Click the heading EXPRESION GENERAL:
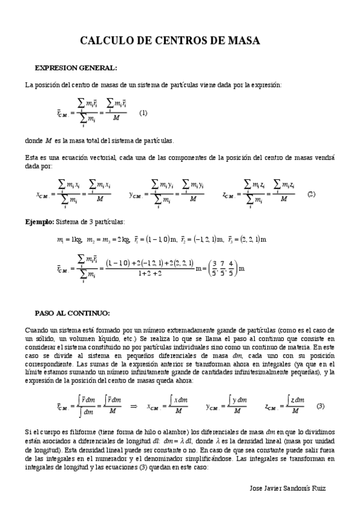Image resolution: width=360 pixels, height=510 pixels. (76, 67)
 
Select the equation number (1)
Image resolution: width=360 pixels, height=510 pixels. (143, 112)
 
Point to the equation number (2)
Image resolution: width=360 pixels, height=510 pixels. (311, 194)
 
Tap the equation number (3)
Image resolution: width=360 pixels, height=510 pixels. (320, 405)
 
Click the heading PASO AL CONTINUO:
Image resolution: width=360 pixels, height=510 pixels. (72, 314)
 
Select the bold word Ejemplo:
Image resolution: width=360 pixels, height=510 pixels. (39, 222)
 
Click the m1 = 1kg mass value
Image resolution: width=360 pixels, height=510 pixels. (69, 239)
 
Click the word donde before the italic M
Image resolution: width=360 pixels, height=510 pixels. (34, 141)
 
